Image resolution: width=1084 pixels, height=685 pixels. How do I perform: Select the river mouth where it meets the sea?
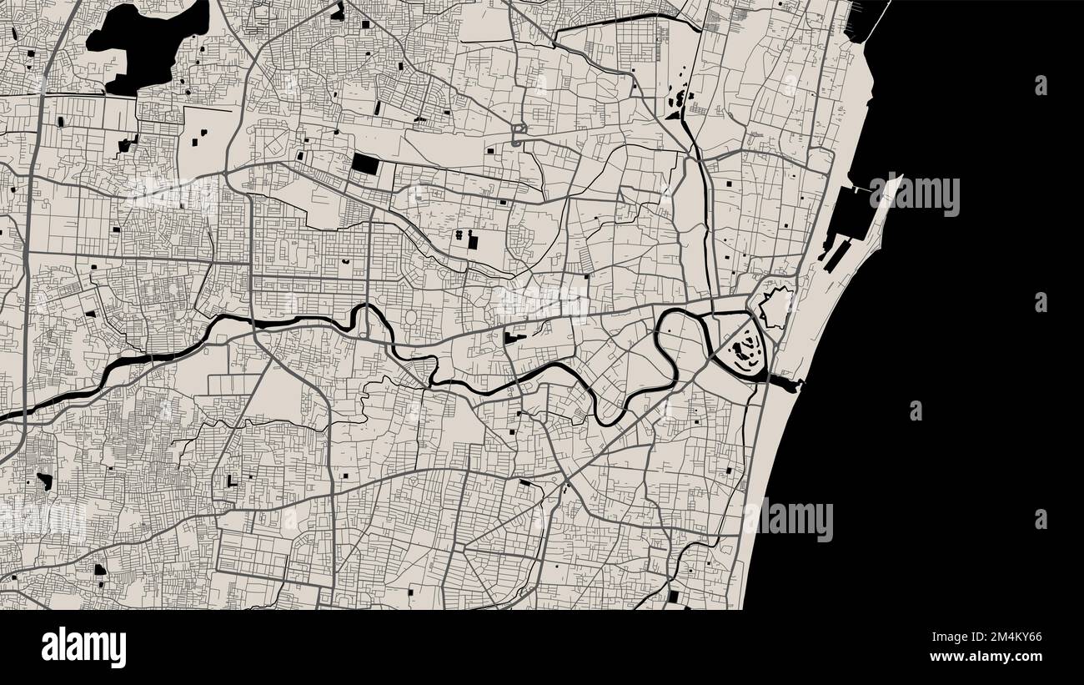(789, 383)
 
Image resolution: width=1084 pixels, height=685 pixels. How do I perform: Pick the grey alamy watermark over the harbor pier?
(914, 195)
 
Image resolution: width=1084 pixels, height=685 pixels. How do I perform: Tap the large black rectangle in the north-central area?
(364, 163)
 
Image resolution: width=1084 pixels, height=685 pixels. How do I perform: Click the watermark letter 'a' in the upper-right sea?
(1041, 85)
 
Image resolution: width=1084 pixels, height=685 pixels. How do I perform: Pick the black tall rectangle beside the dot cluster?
(474, 242)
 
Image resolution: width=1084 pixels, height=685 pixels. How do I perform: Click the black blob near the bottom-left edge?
(100, 571)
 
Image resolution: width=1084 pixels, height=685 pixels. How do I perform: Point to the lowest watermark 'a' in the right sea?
(1041, 519)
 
